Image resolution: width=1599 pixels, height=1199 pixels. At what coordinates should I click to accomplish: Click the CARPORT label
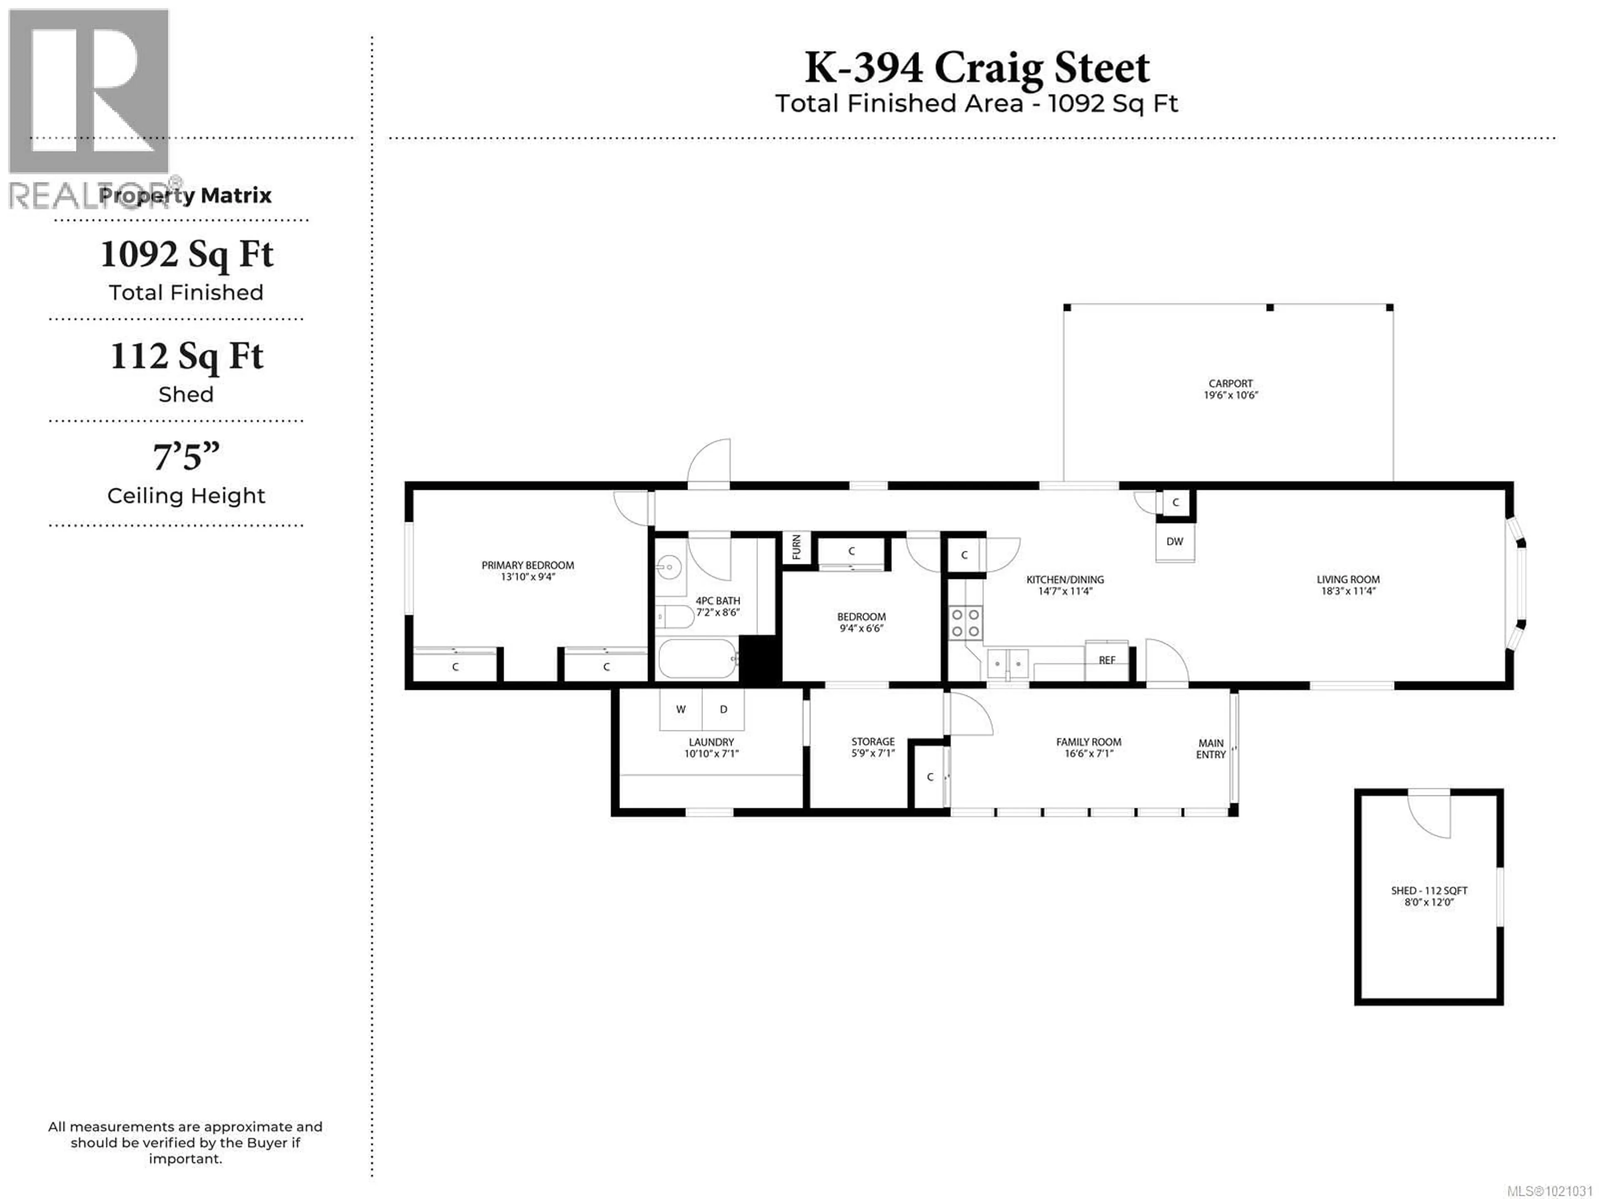click(1230, 383)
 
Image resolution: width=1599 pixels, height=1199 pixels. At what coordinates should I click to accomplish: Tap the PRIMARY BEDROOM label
click(528, 565)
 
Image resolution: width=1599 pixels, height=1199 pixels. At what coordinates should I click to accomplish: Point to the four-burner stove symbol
click(965, 623)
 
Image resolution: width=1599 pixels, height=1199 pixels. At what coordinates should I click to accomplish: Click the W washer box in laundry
click(680, 709)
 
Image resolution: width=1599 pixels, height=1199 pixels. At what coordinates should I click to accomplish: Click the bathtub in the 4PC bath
click(697, 659)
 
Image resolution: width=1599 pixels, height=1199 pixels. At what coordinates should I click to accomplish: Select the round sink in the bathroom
click(670, 567)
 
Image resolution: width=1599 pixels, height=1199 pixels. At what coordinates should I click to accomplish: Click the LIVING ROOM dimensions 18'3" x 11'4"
click(1348, 591)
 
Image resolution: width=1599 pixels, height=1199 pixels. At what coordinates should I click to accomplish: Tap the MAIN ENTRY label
click(1211, 749)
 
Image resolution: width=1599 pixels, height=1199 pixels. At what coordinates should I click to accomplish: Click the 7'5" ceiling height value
click(186, 457)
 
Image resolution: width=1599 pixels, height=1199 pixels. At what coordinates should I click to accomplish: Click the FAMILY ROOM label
click(1088, 742)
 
